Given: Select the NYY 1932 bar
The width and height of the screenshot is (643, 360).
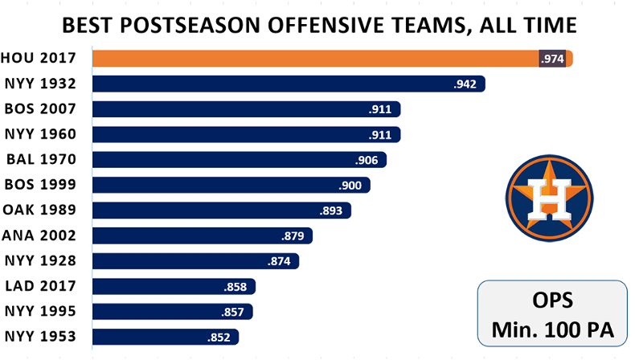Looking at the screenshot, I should (x=289, y=84).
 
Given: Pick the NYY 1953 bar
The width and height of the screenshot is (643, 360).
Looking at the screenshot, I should (x=166, y=336).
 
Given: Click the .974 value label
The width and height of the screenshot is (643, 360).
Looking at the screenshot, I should (x=552, y=59).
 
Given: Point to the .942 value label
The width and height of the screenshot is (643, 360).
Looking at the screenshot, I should (x=466, y=84).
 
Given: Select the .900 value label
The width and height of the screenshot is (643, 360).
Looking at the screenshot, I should (x=351, y=185).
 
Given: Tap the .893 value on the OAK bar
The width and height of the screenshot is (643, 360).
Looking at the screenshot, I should (x=330, y=210).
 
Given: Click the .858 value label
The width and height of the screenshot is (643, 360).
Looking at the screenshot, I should (x=237, y=285).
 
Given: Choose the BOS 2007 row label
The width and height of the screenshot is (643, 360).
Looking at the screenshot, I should (x=40, y=108).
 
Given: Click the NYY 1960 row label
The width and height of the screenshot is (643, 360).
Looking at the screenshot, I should (x=40, y=134).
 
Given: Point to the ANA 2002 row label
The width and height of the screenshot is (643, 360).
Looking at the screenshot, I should (x=39, y=235).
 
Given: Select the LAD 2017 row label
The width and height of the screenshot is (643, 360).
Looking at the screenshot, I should (x=40, y=285).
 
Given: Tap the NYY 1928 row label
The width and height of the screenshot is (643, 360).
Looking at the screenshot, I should (x=40, y=260).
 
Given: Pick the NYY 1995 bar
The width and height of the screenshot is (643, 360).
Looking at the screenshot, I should (x=173, y=311).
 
